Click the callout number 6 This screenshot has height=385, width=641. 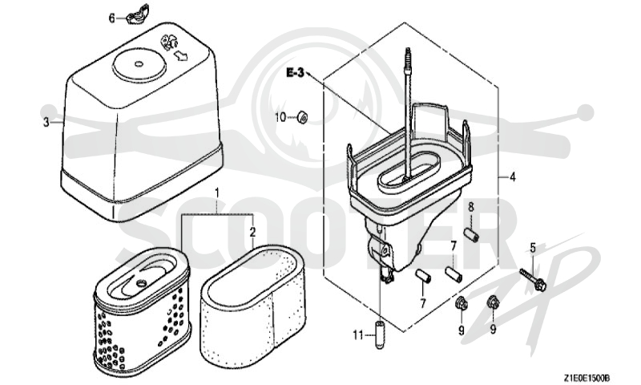tap(111, 18)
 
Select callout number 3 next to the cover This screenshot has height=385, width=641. tap(46, 123)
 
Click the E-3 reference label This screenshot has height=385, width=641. tap(295, 73)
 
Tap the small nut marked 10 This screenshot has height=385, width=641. tap(302, 116)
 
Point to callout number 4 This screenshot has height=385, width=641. tap(513, 177)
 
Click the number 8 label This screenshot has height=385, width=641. tap(471, 207)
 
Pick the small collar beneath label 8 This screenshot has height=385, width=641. tap(471, 236)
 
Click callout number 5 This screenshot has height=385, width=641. tap(533, 248)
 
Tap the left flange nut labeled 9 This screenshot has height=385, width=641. tap(462, 303)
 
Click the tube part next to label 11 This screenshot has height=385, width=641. tap(380, 334)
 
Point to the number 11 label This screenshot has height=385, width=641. tap(358, 335)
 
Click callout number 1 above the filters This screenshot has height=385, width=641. tap(217, 192)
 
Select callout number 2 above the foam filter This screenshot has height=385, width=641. tap(252, 232)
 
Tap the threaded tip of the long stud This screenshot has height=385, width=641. tap(407, 53)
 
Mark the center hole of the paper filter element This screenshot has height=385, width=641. tap(142, 282)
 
